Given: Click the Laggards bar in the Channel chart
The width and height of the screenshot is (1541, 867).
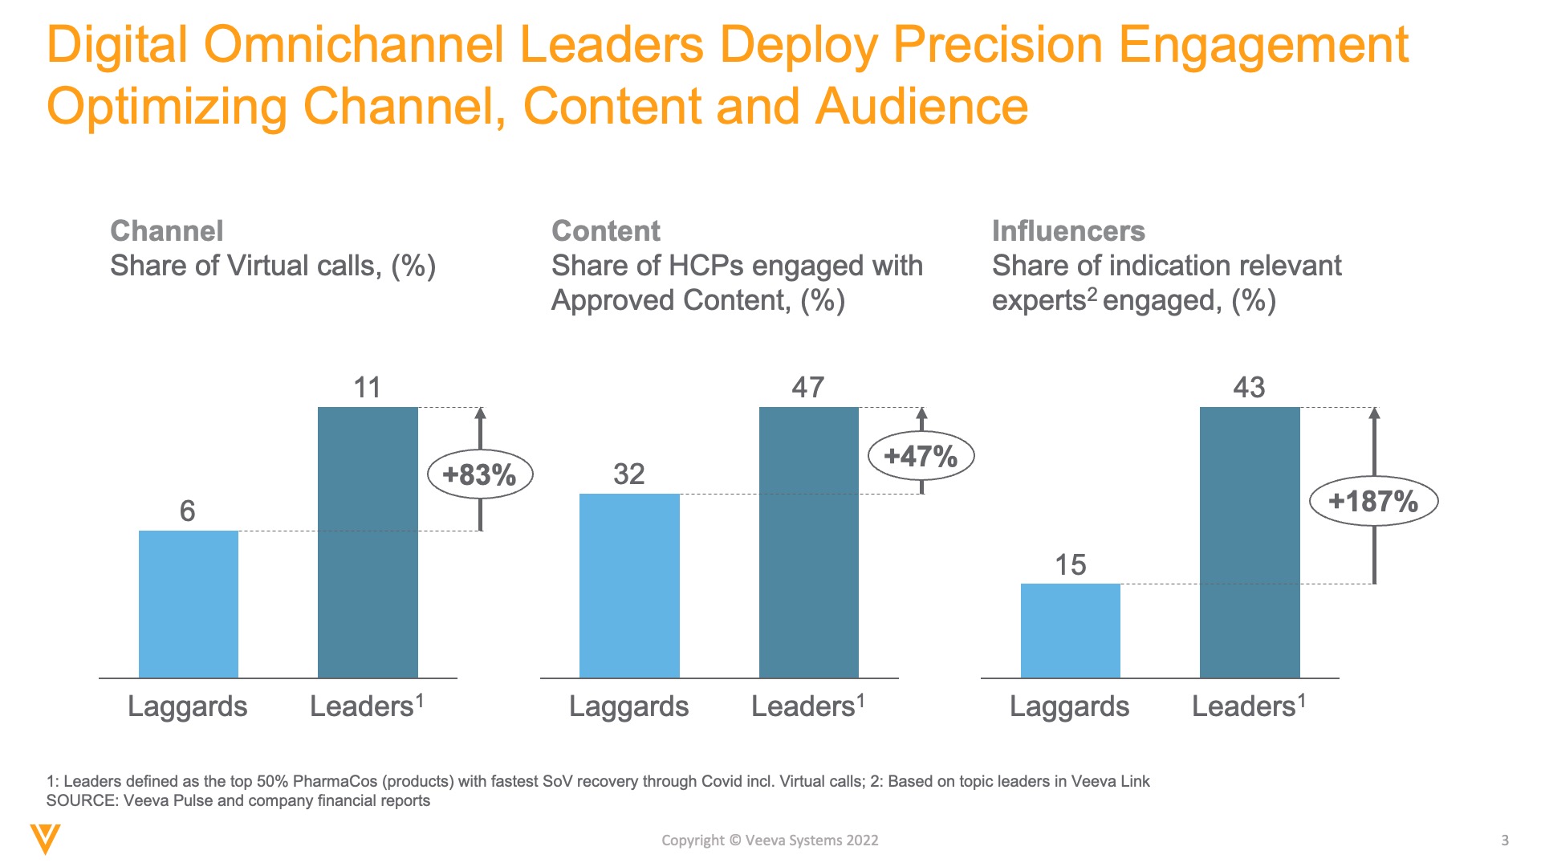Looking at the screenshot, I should (189, 604).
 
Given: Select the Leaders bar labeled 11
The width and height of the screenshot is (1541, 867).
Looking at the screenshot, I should (368, 542).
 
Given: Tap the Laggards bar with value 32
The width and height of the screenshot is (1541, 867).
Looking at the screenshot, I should (629, 585).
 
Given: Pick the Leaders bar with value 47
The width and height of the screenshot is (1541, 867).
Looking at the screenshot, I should (808, 542).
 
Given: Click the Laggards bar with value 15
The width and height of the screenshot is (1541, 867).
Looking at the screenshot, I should (1070, 630).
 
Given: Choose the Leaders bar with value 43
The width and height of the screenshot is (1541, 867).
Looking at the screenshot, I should (1250, 542).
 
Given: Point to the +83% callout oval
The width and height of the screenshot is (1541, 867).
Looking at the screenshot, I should (480, 474).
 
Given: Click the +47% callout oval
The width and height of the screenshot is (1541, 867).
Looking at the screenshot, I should (921, 457).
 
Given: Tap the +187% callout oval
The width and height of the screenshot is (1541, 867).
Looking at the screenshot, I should (1373, 502).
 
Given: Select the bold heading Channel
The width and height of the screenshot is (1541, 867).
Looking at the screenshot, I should (167, 231).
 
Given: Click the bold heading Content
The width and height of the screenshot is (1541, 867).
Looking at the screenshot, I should (606, 231).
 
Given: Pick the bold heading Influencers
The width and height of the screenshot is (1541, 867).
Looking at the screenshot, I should (1068, 231).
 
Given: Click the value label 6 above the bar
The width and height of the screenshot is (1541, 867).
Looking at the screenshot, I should (188, 511).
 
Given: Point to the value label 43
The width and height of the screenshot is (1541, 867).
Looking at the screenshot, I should (1249, 388).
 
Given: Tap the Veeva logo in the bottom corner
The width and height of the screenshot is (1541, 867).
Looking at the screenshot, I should (45, 839).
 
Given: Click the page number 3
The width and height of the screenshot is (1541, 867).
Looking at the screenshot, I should (1505, 841).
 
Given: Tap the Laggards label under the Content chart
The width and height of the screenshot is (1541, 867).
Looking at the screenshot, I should (628, 706).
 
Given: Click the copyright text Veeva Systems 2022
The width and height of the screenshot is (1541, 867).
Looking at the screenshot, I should (811, 841).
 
